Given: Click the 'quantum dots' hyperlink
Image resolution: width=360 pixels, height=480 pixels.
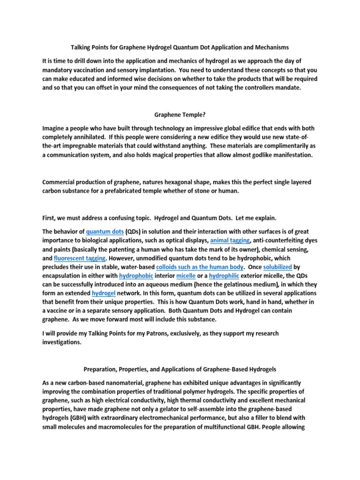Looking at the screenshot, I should coord(105,232).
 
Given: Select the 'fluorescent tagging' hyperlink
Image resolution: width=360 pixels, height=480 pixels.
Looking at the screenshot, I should coord(80,258).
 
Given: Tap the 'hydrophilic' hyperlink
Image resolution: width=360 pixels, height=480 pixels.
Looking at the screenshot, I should coord(224,276).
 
